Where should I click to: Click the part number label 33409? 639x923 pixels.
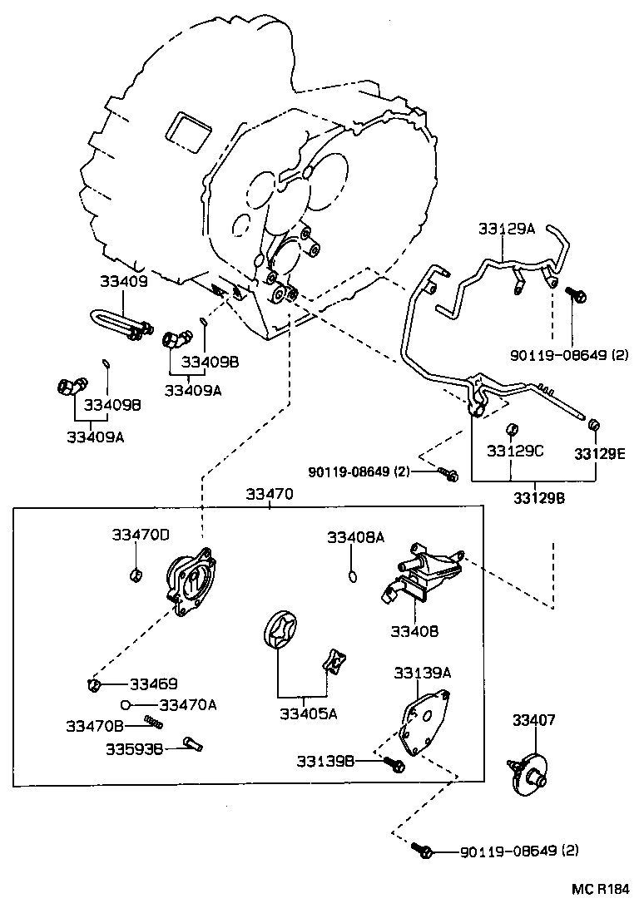click(126, 282)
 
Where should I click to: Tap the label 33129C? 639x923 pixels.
click(515, 451)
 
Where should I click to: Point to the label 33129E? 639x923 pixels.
click(597, 452)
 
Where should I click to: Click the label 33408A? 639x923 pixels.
click(355, 537)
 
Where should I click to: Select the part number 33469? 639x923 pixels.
click(154, 684)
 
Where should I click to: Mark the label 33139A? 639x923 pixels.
click(422, 672)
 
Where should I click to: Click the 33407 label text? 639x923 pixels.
click(533, 720)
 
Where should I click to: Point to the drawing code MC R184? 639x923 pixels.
click(600, 889)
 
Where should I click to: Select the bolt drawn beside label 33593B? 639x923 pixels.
click(193, 743)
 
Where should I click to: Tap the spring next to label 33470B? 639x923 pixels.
click(151, 722)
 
